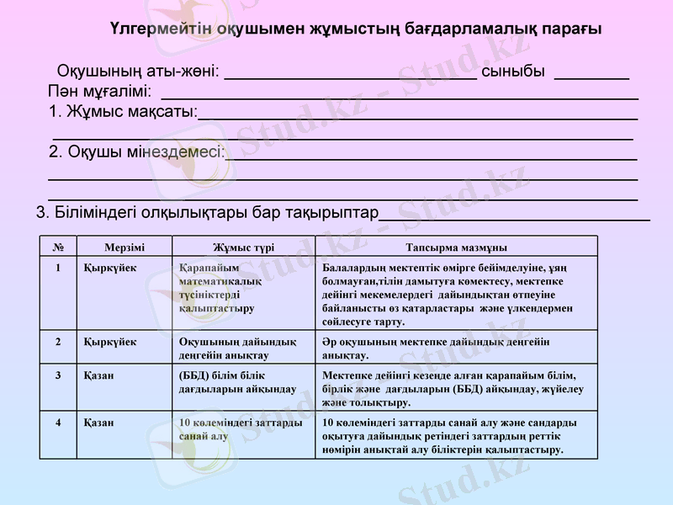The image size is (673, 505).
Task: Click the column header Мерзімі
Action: (x=125, y=247)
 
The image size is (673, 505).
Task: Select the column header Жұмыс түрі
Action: (x=243, y=247)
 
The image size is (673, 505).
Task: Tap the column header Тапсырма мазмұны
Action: (x=456, y=247)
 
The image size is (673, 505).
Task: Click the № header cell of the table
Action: (x=58, y=247)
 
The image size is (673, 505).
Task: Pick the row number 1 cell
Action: (x=58, y=268)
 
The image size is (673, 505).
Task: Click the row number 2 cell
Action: (x=58, y=342)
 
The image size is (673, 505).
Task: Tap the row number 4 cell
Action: (x=58, y=423)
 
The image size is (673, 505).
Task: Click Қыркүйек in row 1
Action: (x=110, y=268)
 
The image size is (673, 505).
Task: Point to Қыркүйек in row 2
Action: (x=110, y=342)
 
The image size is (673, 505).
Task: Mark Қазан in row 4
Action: (x=99, y=423)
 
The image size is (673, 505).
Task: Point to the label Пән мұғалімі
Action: (x=100, y=90)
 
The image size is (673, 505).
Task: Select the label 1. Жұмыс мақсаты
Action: (x=123, y=111)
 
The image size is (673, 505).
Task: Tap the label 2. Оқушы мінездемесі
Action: (x=136, y=151)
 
